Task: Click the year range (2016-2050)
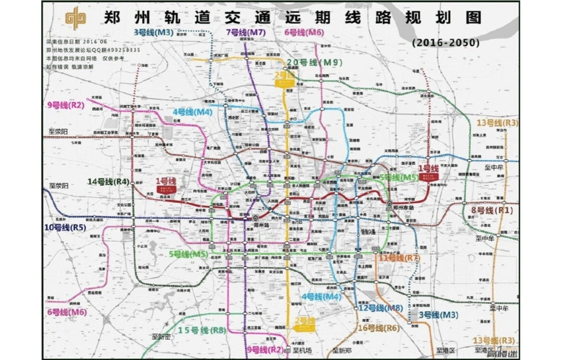coord(446,42)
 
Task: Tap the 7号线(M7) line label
coord(246,32)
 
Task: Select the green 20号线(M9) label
coord(314,63)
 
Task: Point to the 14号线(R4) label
coord(109,181)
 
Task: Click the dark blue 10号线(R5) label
coord(66,228)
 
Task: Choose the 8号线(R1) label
coord(492,210)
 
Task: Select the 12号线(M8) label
coord(381,307)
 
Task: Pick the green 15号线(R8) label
coord(202,330)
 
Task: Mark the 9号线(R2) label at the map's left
coord(66,105)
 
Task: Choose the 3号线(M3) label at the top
coord(153,32)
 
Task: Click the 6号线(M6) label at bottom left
coord(67,312)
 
